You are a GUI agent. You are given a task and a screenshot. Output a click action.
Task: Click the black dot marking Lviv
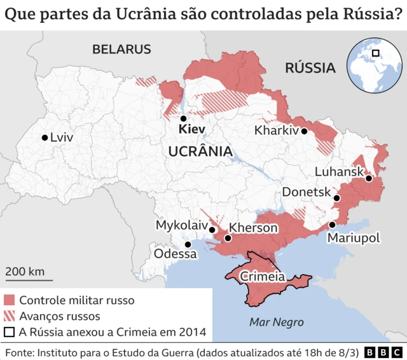tap(45, 137)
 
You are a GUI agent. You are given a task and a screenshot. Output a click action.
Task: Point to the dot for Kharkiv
tap(305, 131)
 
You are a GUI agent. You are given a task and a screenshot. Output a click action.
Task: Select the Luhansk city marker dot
tap(368, 179)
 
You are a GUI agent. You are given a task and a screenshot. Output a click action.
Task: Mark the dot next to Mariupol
tap(332, 225)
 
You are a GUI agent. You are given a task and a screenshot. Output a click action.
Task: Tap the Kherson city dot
tap(228, 239)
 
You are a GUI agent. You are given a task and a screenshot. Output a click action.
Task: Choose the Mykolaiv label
tap(181, 226)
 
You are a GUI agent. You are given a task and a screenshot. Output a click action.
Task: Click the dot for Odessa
tap(188, 244)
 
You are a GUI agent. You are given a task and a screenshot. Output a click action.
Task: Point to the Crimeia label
tap(261, 277)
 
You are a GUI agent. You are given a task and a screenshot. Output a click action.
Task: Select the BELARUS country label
tap(121, 49)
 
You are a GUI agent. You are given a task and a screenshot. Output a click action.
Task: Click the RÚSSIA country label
tap(310, 67)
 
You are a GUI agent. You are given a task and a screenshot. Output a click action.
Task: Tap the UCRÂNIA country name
tap(200, 151)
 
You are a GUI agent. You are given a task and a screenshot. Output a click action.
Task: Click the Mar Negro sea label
tap(276, 321)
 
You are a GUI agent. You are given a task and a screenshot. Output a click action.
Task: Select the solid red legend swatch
tap(9, 300)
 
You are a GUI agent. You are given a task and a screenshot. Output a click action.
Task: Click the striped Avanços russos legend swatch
tap(9, 316)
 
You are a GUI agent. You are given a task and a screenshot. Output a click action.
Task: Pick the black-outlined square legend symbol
tap(9, 332)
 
